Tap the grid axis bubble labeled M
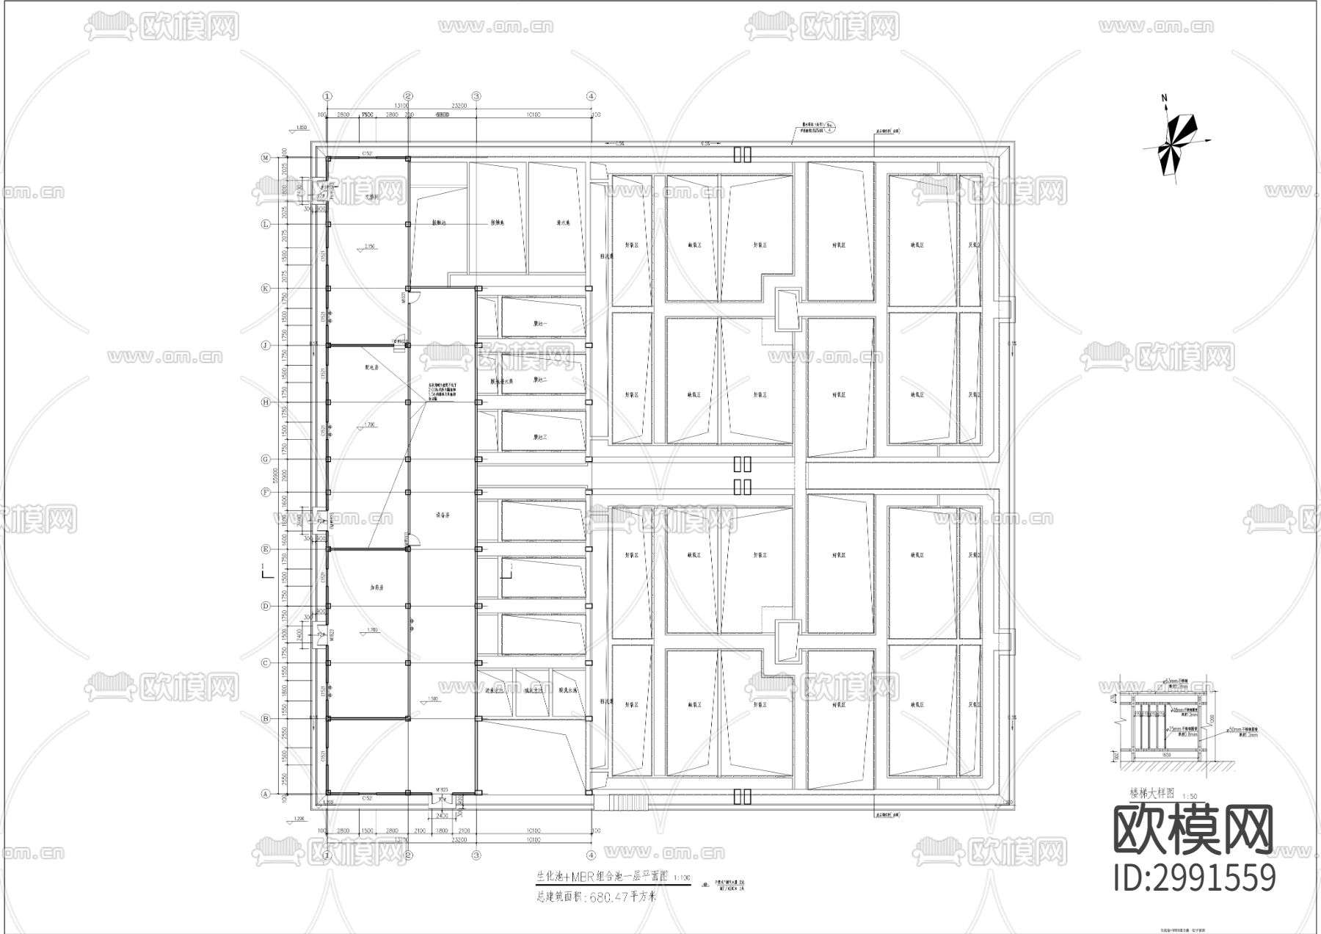(x=266, y=158)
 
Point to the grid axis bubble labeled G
(x=266, y=460)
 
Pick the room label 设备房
(x=442, y=515)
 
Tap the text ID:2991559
(x=1195, y=877)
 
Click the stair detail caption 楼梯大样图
(x=1154, y=794)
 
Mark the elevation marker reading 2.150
(x=370, y=247)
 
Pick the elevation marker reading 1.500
(x=433, y=699)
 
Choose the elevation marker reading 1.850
(x=300, y=128)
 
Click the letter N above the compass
(x=1164, y=98)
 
